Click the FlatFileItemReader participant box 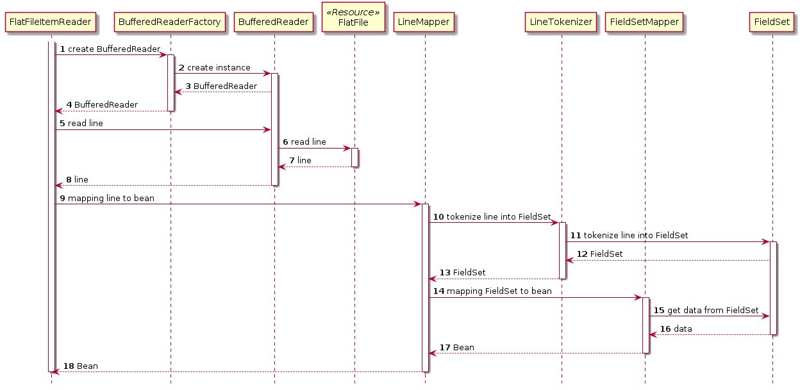click(x=51, y=22)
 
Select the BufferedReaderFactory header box click(x=170, y=22)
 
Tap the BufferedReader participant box click(x=274, y=22)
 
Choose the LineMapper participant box click(x=424, y=22)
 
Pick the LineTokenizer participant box click(x=561, y=22)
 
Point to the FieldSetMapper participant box click(x=644, y=22)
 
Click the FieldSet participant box click(x=772, y=22)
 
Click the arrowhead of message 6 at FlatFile click(x=347, y=149)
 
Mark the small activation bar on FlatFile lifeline click(x=354, y=158)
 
